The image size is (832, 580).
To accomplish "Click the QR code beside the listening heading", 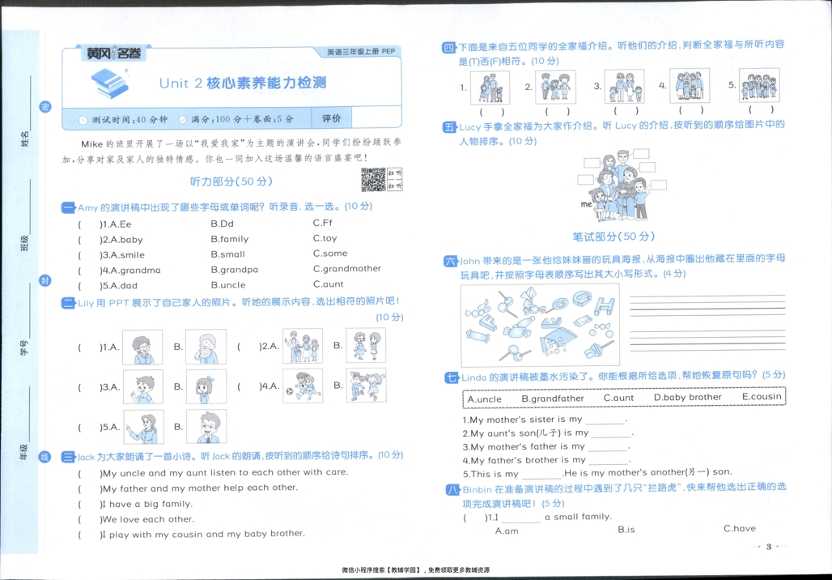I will [373, 180].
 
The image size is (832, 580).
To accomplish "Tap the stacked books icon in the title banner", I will [109, 81].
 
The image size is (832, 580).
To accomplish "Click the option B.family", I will [229, 239].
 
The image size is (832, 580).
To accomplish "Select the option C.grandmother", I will [346, 269].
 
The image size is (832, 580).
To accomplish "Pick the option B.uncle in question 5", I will [228, 285].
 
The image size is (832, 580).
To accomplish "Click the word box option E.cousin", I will [762, 397].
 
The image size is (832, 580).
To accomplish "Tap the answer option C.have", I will [739, 529].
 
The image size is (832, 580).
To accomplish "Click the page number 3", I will [769, 547].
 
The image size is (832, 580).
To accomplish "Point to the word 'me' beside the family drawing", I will [587, 205].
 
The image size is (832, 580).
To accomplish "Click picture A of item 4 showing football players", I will [303, 386].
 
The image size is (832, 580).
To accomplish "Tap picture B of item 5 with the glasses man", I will [206, 427].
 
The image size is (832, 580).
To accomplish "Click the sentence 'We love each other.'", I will [147, 519].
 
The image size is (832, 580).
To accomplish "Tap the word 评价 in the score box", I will [332, 118].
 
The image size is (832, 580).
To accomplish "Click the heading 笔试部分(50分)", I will [613, 236].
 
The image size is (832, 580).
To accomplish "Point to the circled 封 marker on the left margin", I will [45, 280].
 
